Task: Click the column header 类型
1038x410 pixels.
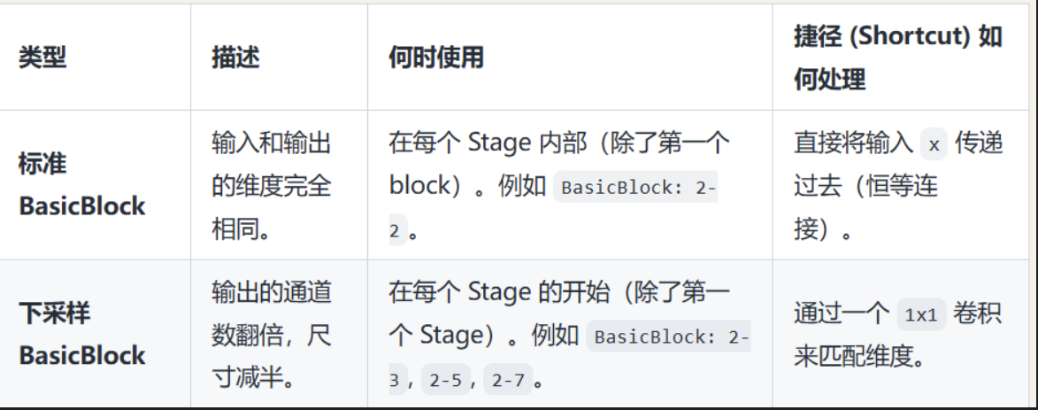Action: click(42, 58)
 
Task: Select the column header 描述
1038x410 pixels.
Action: click(235, 58)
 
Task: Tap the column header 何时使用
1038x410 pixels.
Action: click(436, 58)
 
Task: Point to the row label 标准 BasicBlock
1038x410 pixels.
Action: click(81, 185)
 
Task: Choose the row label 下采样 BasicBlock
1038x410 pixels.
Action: click(81, 334)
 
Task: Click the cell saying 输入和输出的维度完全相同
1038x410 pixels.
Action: click(272, 185)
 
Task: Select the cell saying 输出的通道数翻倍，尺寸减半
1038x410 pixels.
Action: click(272, 335)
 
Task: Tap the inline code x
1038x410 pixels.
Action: click(934, 144)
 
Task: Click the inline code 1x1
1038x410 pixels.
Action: click(921, 315)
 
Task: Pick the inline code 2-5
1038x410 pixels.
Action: click(445, 381)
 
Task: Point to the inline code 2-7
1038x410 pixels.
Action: click(509, 381)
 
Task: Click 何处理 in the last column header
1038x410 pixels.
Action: click(828, 80)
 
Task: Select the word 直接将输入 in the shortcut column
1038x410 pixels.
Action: click(852, 143)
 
